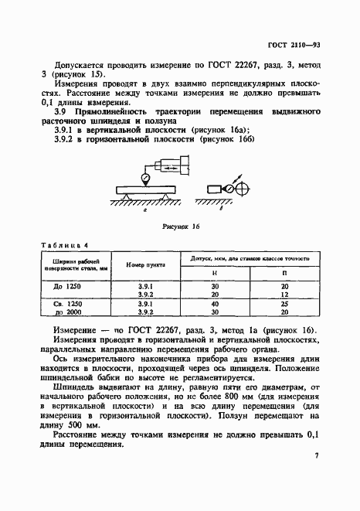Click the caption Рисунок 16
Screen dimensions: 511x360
(x=180, y=229)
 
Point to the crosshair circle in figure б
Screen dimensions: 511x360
(x=242, y=189)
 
